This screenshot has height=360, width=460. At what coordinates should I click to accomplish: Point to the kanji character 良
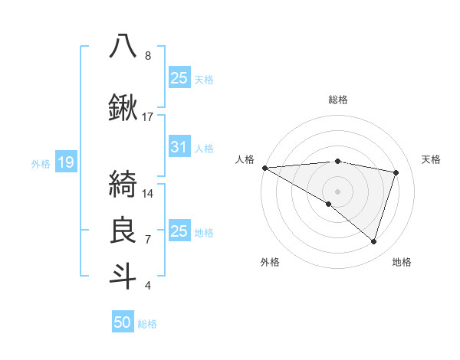pyautogui.click(x=123, y=229)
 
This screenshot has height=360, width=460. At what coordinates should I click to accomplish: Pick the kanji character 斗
pyautogui.click(x=123, y=275)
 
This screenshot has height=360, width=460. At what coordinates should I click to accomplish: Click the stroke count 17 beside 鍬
pyautogui.click(x=148, y=116)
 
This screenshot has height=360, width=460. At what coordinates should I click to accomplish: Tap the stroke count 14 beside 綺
pyautogui.click(x=148, y=193)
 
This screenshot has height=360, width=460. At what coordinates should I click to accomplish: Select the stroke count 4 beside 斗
pyautogui.click(x=147, y=286)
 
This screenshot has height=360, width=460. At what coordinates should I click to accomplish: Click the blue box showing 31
pyautogui.click(x=179, y=148)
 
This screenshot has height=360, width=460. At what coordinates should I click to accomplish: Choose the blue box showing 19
pyautogui.click(x=65, y=162)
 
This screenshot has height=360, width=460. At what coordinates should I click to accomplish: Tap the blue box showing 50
pyautogui.click(x=123, y=322)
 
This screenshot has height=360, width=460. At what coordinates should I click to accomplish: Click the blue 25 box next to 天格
pyautogui.click(x=179, y=78)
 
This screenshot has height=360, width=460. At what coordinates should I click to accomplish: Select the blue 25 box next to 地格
pyautogui.click(x=179, y=231)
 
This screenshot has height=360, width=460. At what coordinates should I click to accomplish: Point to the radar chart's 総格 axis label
pyautogui.click(x=338, y=100)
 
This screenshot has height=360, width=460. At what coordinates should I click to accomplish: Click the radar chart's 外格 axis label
pyautogui.click(x=270, y=263)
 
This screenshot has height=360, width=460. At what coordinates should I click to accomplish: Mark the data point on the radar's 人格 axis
pyautogui.click(x=264, y=168)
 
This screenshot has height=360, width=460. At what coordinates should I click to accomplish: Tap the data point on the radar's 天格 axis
pyautogui.click(x=396, y=172)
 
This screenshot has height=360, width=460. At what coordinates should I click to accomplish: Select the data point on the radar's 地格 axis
pyautogui.click(x=374, y=242)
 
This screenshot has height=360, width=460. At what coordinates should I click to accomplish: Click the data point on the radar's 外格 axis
pyautogui.click(x=329, y=204)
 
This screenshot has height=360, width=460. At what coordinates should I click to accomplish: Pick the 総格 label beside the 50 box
pyautogui.click(x=147, y=324)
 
